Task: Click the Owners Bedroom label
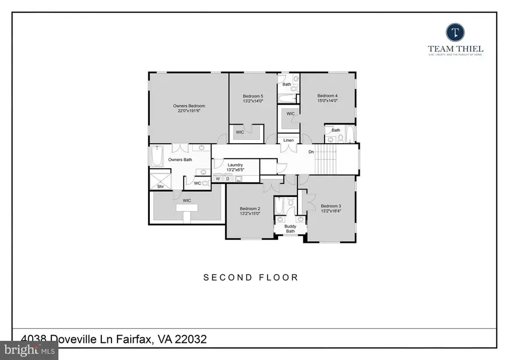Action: click(189, 106)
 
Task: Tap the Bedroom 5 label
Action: click(253, 96)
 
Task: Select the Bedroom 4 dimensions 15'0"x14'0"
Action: click(327, 101)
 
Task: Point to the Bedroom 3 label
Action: click(331, 205)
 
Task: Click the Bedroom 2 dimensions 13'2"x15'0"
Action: click(251, 214)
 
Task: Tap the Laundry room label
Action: click(235, 165)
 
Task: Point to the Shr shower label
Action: click(160, 186)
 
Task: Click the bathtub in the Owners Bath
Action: click(157, 156)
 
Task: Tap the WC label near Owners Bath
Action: click(197, 183)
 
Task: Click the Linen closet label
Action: click(288, 140)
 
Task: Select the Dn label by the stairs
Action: click(311, 152)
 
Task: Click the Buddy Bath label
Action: click(290, 228)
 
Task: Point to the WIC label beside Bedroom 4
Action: click(291, 114)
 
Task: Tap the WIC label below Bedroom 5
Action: click(240, 132)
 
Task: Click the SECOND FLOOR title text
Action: click(251, 277)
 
